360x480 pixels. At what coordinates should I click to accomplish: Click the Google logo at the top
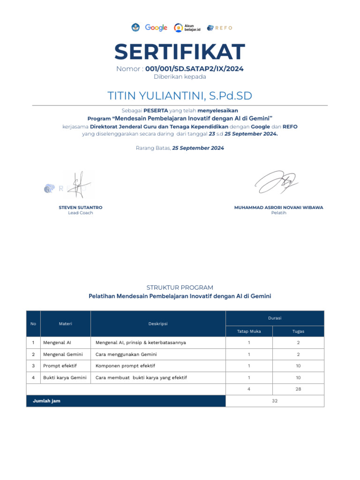pos(156,28)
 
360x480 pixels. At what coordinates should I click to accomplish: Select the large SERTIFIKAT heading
pos(180,52)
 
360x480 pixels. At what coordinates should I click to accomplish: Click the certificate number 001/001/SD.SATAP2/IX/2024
pos(194,69)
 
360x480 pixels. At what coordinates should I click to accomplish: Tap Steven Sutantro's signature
pos(78,185)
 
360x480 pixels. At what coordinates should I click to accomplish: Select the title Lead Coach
pos(81,213)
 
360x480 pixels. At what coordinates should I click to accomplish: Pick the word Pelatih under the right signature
pos(278,213)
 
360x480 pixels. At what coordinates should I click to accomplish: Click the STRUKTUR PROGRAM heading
pos(180,287)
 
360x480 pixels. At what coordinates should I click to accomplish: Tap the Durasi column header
pos(275,318)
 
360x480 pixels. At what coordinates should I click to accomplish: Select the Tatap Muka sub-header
pos(249,331)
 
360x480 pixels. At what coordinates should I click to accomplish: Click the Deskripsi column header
pos(158,324)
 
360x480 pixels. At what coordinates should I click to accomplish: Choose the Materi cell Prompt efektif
pos(60,366)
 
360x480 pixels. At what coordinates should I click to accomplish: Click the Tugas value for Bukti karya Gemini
pos(298,377)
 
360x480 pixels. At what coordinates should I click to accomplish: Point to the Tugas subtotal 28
pos(298,389)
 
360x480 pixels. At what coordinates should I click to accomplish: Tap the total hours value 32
pos(275,401)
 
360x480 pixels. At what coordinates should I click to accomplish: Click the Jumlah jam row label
pos(46,401)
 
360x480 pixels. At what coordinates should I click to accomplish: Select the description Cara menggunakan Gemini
pos(126,354)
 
